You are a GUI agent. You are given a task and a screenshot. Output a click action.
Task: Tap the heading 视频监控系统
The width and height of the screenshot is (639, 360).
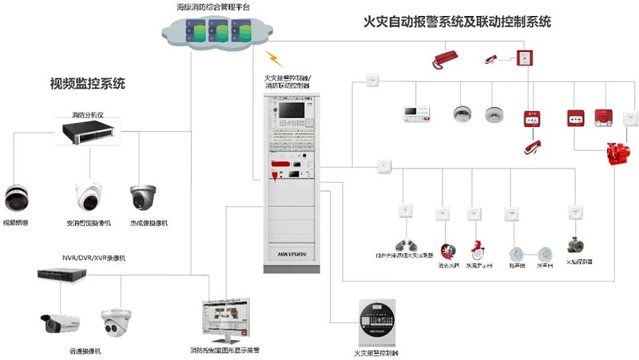point(88,82)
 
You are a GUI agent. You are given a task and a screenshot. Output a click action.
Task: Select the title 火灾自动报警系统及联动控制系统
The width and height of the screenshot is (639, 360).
point(457,22)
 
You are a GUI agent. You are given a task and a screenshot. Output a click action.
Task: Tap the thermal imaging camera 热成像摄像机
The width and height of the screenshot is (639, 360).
point(145,196)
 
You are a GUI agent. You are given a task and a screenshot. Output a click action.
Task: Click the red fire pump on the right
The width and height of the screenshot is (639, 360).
point(617,152)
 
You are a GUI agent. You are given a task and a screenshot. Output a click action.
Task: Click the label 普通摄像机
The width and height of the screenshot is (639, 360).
point(85,350)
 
